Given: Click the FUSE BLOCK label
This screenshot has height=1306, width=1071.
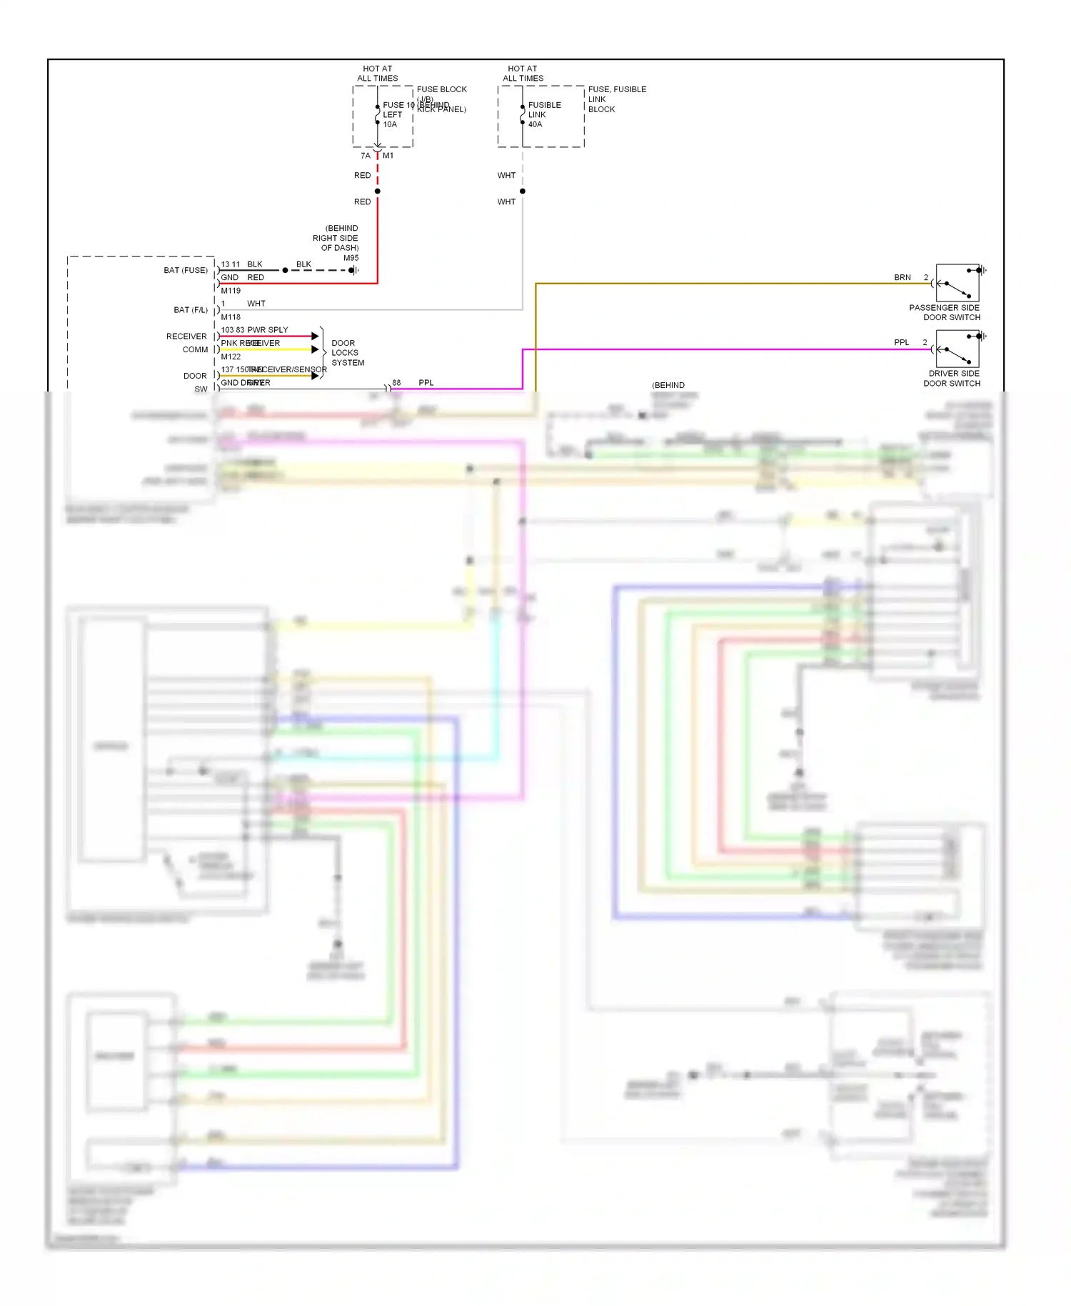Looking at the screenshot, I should click(x=441, y=89).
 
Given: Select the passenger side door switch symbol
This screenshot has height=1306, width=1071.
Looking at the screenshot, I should click(x=957, y=284).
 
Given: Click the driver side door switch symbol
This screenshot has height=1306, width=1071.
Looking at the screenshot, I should click(x=957, y=349).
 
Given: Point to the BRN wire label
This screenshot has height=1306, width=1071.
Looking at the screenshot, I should click(x=902, y=277).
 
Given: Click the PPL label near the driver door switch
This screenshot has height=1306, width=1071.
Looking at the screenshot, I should click(x=902, y=342).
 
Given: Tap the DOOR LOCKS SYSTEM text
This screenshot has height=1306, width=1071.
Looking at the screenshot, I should click(x=347, y=353).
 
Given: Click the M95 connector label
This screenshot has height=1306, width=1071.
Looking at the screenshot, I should click(x=351, y=258).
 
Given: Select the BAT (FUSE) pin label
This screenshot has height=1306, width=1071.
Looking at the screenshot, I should click(x=186, y=270).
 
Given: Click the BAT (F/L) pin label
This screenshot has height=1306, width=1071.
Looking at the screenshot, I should click(x=191, y=310).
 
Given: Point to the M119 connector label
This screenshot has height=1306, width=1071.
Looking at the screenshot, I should click(x=231, y=291).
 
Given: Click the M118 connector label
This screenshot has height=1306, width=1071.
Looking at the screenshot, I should click(x=231, y=317).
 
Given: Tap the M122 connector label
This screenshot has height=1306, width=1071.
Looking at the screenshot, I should click(x=231, y=357).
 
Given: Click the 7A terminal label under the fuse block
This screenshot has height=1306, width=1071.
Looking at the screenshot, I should click(x=366, y=156).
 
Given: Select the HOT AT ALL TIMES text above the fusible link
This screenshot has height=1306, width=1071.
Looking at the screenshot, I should click(x=523, y=74).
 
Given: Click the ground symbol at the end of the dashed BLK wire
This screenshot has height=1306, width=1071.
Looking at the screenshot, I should click(x=353, y=270).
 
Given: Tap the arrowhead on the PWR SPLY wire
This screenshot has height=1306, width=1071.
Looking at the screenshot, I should click(x=315, y=336).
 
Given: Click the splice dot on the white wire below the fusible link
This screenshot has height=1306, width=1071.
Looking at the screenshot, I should click(x=523, y=191).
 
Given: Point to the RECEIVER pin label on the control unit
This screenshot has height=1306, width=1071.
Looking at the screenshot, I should click(x=186, y=337).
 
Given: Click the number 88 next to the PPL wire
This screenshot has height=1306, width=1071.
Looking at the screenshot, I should click(x=396, y=383).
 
